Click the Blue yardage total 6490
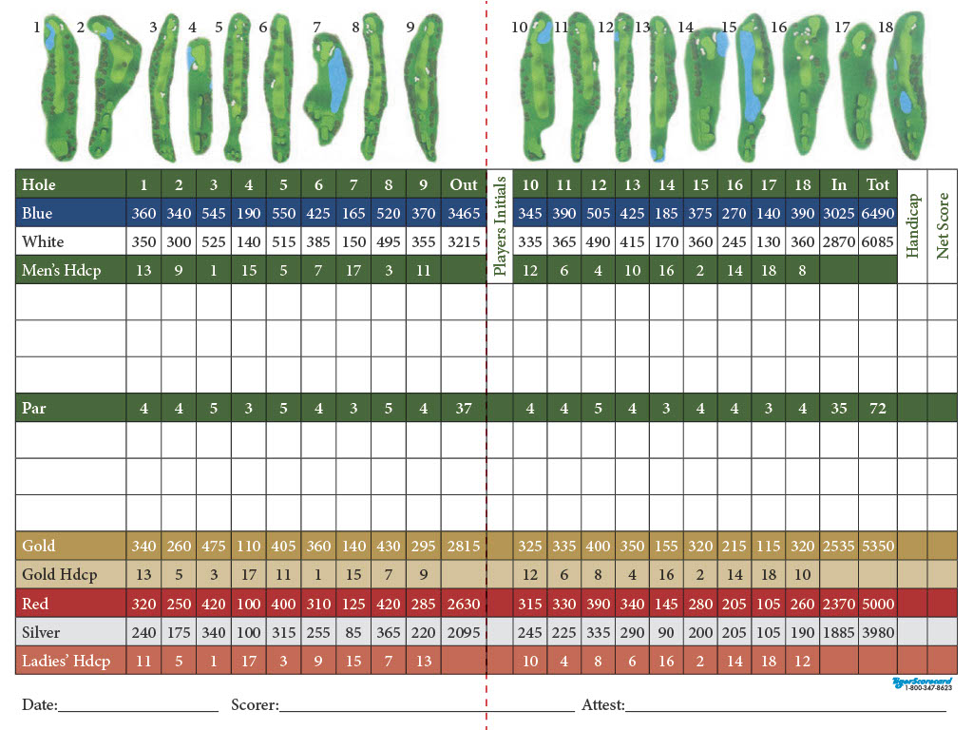pos(878,214)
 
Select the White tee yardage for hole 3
pos(214,242)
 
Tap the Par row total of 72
pos(878,409)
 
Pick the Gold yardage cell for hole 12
pos(598,547)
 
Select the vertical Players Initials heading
pos(500,226)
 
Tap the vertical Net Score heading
pos(943,226)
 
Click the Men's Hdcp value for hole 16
pos(734,271)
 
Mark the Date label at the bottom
pos(39,705)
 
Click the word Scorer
pos(254,705)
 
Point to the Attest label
pos(602,705)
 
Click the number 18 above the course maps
pos(886,28)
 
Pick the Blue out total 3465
pos(464,214)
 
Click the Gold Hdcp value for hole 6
pos(318,575)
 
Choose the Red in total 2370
pos(839,604)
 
